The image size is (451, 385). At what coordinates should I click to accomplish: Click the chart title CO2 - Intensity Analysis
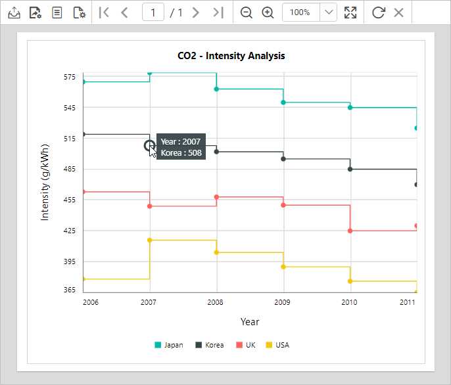pos(231,56)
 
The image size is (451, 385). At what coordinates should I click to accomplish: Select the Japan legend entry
pos(169,345)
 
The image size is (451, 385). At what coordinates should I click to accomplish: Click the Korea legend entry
pos(209,345)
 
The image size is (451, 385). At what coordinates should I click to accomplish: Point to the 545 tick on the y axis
pos(69,108)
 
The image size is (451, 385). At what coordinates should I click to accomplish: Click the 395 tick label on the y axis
pos(69,261)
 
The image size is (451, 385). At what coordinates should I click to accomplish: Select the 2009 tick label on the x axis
pos(283,302)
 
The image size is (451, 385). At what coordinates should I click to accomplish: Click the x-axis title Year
pos(250,322)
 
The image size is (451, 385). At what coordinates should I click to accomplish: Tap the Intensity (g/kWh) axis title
pos(45,181)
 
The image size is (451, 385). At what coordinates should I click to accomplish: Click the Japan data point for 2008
pos(216,89)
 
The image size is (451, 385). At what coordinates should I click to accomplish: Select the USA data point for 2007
pos(150,240)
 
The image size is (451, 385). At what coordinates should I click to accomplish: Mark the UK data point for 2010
pos(350,231)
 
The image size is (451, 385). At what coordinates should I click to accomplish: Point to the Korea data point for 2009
pos(283,159)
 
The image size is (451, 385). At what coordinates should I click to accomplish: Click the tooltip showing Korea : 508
pos(181,147)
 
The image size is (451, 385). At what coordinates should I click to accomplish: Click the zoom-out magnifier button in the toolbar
pos(247,12)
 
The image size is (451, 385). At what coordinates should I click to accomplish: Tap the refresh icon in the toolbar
pos(378,12)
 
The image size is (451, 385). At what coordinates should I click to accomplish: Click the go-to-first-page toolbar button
pos(104,12)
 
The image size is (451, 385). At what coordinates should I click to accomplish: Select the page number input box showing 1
pos(153,12)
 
